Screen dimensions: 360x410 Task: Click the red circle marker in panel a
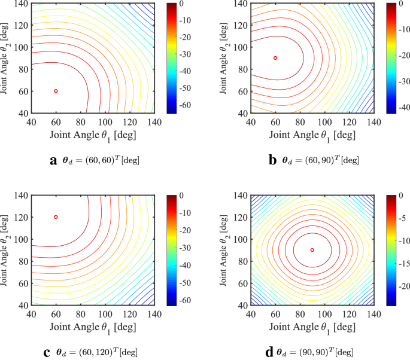click(56, 91)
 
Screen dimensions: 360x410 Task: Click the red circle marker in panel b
click(275, 58)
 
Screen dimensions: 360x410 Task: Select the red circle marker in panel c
click(56, 217)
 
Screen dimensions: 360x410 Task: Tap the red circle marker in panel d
click(312, 249)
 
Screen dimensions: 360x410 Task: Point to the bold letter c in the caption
click(46, 352)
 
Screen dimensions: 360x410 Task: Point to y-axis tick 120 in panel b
click(241, 25)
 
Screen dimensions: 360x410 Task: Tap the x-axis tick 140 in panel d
click(374, 313)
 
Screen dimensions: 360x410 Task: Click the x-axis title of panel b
click(312, 136)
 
